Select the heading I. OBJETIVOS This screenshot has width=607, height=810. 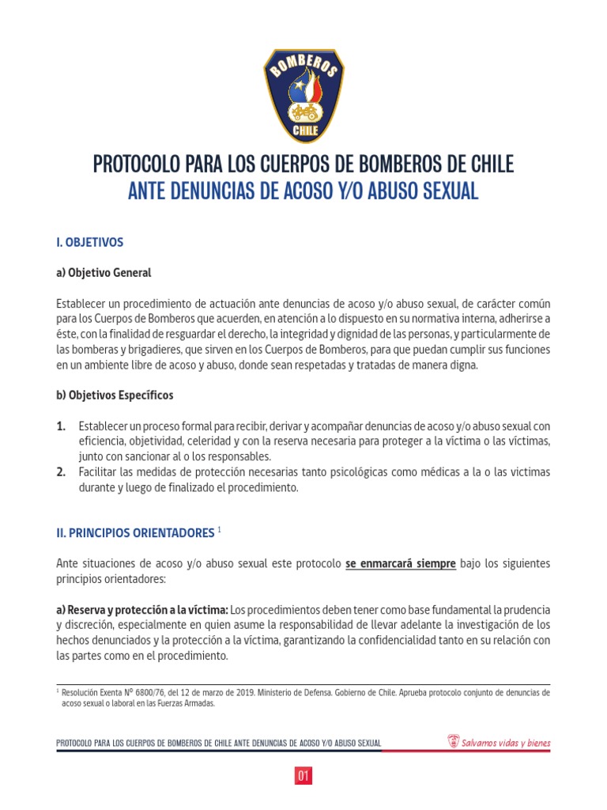click(x=90, y=241)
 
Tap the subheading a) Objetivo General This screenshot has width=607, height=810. click(x=104, y=273)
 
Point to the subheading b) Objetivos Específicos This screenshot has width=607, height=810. click(x=115, y=395)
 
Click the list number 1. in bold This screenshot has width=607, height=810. click(x=62, y=426)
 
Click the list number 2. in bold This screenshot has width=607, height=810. click(x=62, y=472)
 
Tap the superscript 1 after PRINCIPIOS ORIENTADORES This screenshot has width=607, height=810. click(x=219, y=530)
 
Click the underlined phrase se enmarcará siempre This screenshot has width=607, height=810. click(x=400, y=564)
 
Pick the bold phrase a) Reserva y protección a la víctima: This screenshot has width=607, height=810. click(x=142, y=611)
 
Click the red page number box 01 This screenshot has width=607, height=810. click(x=303, y=776)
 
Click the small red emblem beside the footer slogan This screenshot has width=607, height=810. click(x=453, y=742)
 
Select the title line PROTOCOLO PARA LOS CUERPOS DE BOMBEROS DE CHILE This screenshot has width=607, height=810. click(x=303, y=165)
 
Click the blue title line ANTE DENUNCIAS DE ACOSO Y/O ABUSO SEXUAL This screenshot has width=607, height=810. click(x=303, y=191)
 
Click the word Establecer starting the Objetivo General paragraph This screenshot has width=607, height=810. click(x=81, y=304)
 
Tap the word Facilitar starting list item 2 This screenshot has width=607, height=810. click(x=98, y=472)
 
